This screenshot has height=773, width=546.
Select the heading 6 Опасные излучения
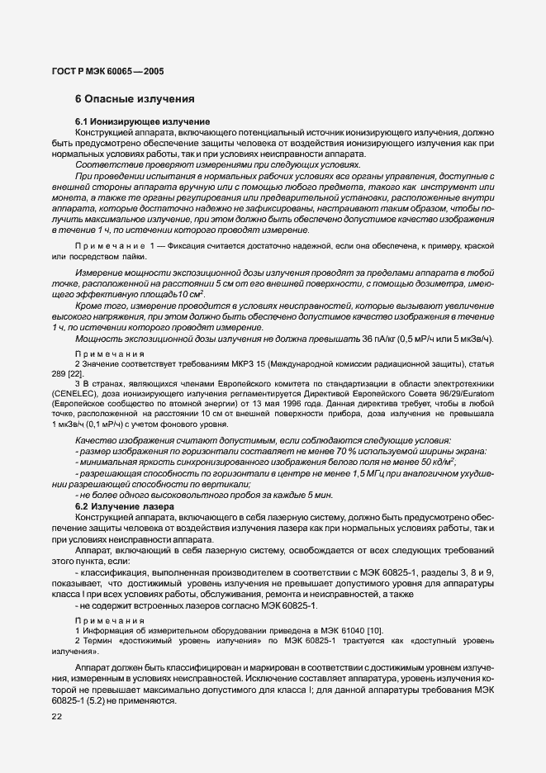pos(135,99)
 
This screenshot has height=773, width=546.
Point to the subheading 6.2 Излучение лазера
pos(124,505)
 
